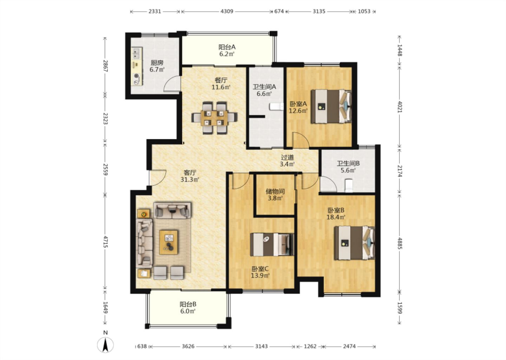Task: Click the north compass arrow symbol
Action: point(105,345)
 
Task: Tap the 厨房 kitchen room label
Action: point(157,63)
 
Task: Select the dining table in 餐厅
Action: point(214,118)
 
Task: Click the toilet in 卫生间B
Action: point(349,185)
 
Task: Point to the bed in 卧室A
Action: point(331,106)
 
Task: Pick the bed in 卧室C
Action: point(272,245)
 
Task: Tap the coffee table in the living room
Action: point(169,242)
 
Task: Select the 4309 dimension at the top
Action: point(227,11)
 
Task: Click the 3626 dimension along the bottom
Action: point(188,346)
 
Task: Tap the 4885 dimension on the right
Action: point(400,243)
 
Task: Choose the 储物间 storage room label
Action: point(275,192)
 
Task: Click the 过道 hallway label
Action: point(287,157)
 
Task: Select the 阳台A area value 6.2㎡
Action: point(227,54)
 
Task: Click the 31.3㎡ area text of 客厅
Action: point(190,180)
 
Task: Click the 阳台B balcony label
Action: point(188,304)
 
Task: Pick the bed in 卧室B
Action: point(355,243)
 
